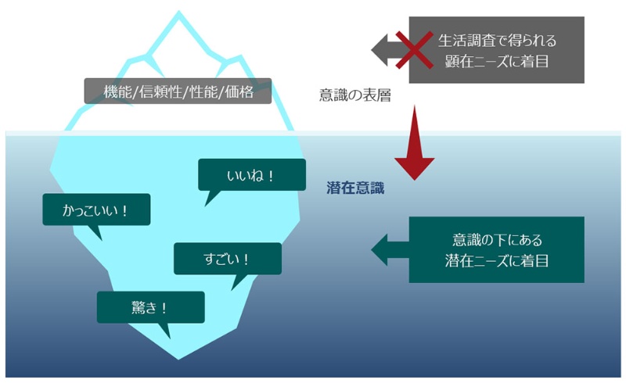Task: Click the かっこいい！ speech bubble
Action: [x=95, y=210]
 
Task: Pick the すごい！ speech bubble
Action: [x=227, y=259]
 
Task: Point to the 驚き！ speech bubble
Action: [x=150, y=307]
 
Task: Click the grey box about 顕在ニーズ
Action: [x=497, y=49]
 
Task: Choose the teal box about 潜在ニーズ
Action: [x=496, y=249]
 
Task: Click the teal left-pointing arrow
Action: [x=387, y=250]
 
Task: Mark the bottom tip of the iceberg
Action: [x=178, y=358]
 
